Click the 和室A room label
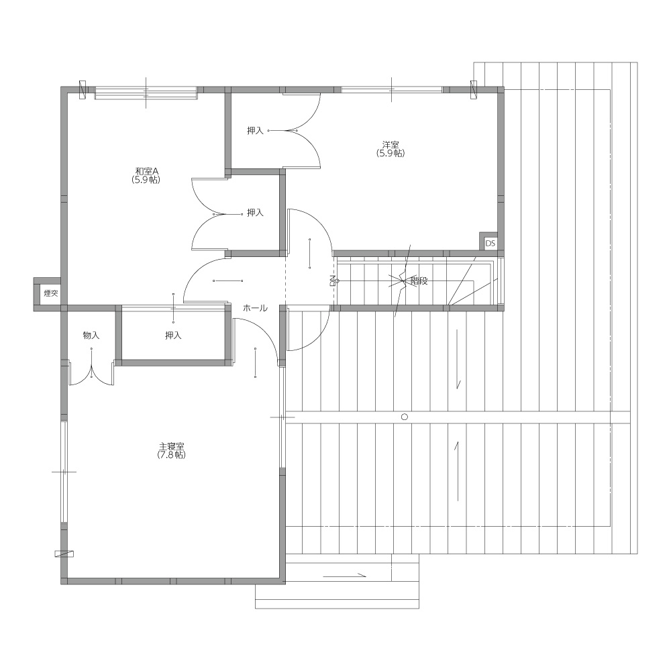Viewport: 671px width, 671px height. [146, 171]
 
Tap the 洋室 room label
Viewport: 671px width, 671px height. [391, 145]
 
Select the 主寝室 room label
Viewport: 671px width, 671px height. [172, 446]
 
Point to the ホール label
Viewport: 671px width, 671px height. [255, 308]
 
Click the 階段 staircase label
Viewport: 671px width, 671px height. [419, 281]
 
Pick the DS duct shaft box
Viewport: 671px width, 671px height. [490, 243]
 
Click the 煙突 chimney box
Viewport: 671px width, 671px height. [48, 294]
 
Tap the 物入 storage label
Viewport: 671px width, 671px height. [91, 335]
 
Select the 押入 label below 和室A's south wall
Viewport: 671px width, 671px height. [173, 335]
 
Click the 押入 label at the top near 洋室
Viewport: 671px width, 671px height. [255, 131]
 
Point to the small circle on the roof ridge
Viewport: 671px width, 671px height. [405, 417]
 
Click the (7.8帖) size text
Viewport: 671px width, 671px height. [172, 455]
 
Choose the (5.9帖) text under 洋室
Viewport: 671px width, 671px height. [391, 153]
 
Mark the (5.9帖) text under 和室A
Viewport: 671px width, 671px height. [146, 180]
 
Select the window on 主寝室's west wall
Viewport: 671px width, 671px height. [64, 472]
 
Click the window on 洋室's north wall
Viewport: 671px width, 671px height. [392, 90]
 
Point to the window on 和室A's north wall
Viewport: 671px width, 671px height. [146, 93]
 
